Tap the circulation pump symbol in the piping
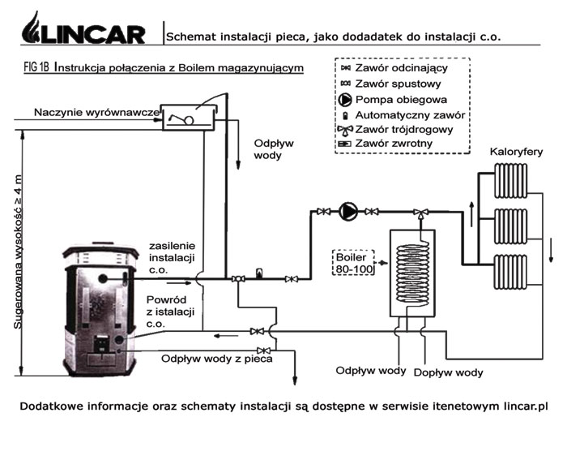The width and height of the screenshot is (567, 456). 347,211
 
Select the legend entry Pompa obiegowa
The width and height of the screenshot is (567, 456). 398,99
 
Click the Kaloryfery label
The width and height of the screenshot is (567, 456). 515,152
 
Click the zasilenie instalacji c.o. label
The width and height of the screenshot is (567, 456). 172,257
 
